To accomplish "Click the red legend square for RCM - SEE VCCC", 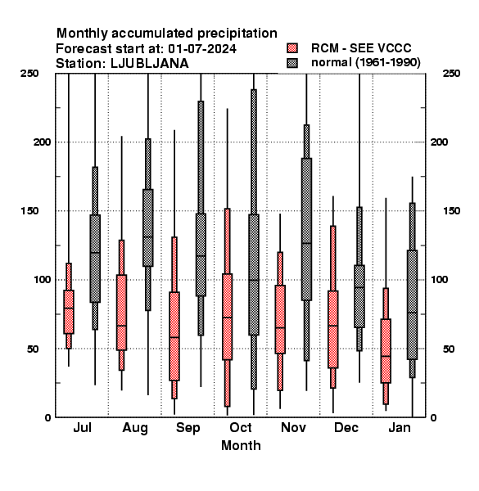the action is (292, 48).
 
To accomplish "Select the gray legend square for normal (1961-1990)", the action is (292, 63).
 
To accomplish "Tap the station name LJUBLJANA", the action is (150, 64).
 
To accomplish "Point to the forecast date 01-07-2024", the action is (202, 49).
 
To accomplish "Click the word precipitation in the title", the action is (237, 34).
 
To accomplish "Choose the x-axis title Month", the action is (241, 445).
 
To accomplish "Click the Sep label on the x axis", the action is (188, 428).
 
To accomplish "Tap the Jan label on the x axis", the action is (400, 427).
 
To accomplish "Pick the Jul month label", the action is (82, 427).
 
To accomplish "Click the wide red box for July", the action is (69, 312).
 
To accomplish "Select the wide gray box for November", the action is (306, 229).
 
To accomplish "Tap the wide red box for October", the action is (227, 317).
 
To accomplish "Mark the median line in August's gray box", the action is (148, 237).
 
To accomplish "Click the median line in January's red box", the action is (386, 356).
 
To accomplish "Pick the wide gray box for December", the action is (359, 296).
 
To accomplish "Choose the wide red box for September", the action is (174, 336).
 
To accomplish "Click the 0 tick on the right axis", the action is (434, 417).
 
